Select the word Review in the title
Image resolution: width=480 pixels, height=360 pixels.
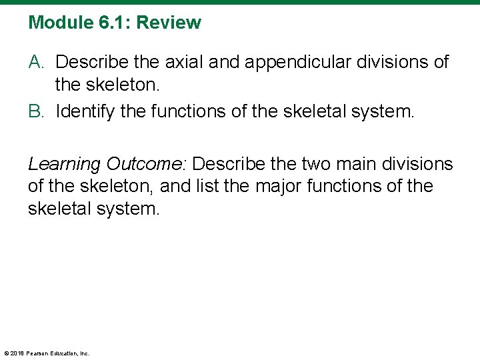coord(169,23)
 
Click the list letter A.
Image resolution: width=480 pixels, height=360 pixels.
coord(36,63)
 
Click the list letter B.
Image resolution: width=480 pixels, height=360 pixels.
coord(36,111)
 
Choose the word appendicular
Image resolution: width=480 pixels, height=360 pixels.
coord(303,63)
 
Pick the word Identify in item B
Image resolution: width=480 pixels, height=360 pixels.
coord(83,111)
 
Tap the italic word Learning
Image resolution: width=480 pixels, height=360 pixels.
coord(64,164)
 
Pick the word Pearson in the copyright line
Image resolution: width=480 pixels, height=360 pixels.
coord(40,353)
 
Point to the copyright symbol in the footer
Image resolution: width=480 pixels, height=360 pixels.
coord(6,353)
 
